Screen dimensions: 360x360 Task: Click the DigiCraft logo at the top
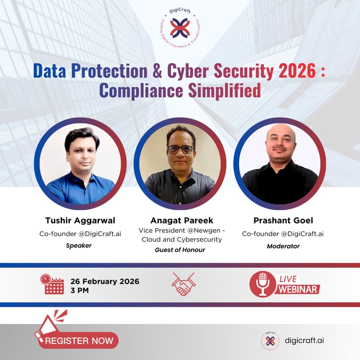click(x=180, y=28)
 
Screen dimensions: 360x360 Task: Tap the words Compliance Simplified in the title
click(x=180, y=90)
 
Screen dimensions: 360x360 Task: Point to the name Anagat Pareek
click(x=182, y=220)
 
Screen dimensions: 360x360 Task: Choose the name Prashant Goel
click(x=283, y=220)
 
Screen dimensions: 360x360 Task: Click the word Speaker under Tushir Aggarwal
click(x=79, y=246)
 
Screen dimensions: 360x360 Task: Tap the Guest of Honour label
click(x=180, y=249)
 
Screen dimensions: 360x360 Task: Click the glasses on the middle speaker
click(x=180, y=149)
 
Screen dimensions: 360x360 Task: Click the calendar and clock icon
click(x=53, y=284)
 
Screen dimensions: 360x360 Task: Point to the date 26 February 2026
click(x=105, y=281)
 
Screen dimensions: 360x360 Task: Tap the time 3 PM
click(x=80, y=290)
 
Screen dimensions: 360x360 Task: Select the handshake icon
click(x=183, y=284)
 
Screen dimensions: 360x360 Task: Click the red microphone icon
click(x=262, y=284)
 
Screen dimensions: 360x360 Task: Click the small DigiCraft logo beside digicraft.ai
click(x=270, y=340)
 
